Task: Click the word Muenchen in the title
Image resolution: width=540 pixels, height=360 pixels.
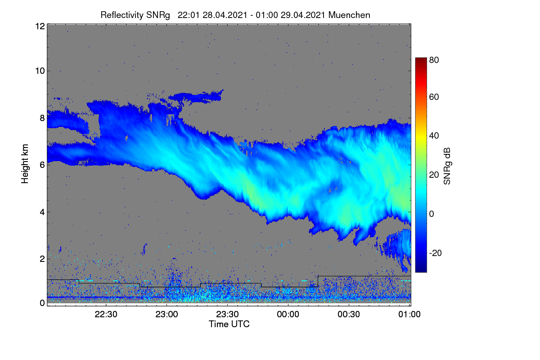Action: click(x=349, y=15)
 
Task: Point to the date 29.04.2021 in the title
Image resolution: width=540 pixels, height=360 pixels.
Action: click(x=303, y=15)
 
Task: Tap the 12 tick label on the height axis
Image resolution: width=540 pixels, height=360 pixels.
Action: click(x=40, y=26)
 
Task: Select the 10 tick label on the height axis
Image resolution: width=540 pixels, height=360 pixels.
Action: click(x=40, y=71)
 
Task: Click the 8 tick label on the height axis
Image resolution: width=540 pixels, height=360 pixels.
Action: click(x=42, y=118)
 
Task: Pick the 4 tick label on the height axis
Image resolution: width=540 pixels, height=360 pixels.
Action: click(x=42, y=212)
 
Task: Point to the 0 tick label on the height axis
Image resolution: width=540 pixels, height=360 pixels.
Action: click(x=42, y=303)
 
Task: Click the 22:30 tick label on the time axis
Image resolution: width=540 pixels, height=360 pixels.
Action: click(x=106, y=314)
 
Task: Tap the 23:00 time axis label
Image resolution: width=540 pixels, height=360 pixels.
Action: click(x=166, y=314)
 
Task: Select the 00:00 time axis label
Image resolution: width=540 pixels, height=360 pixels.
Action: click(x=288, y=314)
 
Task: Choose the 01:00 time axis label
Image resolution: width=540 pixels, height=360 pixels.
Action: click(x=409, y=314)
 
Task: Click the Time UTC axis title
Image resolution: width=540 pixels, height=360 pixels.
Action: click(x=229, y=324)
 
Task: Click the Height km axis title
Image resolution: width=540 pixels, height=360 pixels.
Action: click(x=25, y=164)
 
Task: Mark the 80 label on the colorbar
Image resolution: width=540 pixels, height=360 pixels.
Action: click(x=434, y=60)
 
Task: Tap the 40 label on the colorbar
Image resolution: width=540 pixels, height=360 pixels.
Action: click(x=434, y=136)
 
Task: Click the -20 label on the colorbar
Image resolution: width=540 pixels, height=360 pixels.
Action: click(x=436, y=253)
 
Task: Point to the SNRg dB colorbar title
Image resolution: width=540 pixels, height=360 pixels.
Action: click(x=447, y=166)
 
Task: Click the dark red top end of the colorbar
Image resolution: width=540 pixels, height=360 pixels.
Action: click(x=421, y=59)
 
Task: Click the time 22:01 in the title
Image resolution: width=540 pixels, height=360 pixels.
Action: click(x=189, y=15)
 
